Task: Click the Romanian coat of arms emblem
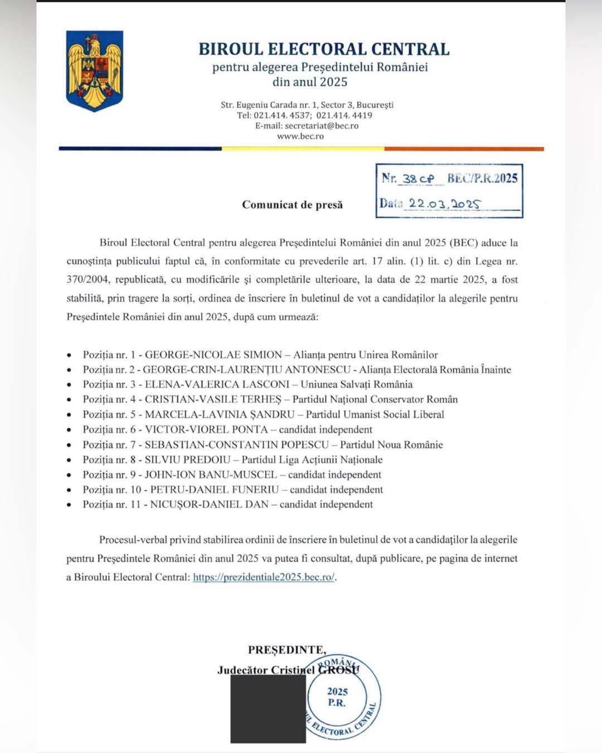[94, 70]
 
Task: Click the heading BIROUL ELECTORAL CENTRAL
[324, 49]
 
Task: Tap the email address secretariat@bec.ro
[322, 126]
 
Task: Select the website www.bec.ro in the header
[300, 136]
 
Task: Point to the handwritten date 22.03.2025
[444, 204]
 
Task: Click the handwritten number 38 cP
[418, 178]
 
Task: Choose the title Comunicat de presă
[292, 205]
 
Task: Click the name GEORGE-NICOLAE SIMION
[213, 355]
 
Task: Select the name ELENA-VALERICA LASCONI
[217, 384]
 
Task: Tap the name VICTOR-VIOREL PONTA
[206, 429]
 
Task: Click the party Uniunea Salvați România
[357, 384]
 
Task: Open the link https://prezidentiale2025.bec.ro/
[264, 577]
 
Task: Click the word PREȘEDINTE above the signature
[286, 650]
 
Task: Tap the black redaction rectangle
[268, 708]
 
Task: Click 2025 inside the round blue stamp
[337, 692]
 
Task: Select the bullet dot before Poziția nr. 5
[69, 415]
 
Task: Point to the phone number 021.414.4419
[344, 115]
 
